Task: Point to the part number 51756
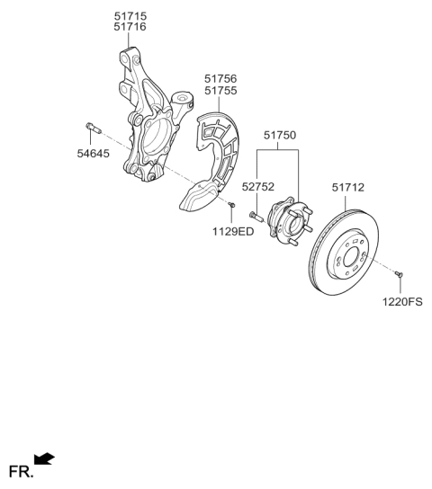click(220, 79)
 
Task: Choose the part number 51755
click(220, 91)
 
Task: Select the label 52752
click(256, 187)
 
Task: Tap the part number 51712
click(346, 187)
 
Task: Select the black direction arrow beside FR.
click(44, 461)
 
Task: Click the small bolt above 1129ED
click(231, 208)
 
